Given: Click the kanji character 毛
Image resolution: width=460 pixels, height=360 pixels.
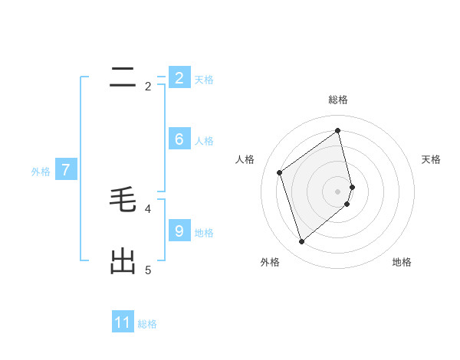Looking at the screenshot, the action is pos(123,200).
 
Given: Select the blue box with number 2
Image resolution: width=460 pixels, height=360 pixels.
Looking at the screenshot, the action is pos(179,78).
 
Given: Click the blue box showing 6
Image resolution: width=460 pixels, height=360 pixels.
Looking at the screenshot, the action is pos(179,139).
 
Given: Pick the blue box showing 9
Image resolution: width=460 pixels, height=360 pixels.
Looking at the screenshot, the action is pos(179,231).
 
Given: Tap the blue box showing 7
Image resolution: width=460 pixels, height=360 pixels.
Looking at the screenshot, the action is pos(65,170).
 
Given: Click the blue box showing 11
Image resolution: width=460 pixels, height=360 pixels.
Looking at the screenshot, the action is pos(123,322).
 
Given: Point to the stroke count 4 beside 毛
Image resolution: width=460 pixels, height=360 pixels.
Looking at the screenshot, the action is pos(148,208).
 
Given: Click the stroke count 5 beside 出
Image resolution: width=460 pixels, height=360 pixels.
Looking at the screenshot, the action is pos(148,270).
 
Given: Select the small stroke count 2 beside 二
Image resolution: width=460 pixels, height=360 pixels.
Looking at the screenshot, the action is pos(148,87).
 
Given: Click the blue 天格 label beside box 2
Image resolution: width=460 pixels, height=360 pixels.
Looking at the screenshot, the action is pos(204,79).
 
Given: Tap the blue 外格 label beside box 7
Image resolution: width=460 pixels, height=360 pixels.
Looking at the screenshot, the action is pos(41,172).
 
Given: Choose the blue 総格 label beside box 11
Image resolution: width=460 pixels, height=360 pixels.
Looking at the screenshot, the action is pos(147,324).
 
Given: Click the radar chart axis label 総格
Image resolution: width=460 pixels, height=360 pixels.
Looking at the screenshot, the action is pos(338,100).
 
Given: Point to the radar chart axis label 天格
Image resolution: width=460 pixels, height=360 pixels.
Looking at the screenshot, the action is pos(431,159).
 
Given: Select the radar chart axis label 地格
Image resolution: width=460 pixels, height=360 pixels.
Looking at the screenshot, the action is pos(402,262).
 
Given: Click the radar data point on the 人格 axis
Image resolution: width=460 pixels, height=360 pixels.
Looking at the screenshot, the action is pos(280,172).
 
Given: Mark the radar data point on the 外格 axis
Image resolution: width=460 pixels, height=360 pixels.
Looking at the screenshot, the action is pos(301,242).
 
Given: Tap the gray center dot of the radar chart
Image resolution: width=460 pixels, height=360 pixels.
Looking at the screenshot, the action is pos(338,191).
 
